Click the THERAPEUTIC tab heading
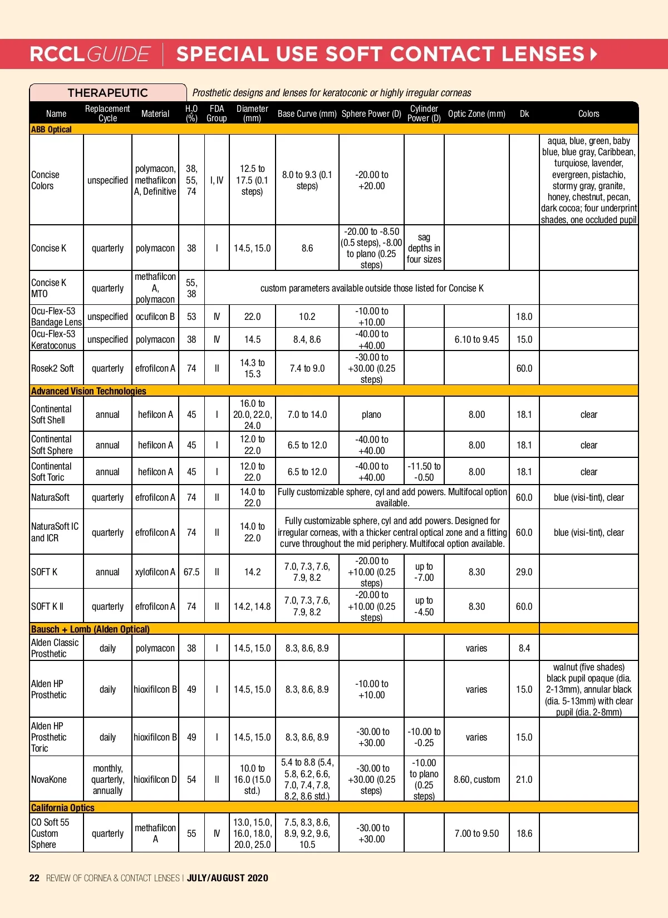pyautogui.click(x=107, y=93)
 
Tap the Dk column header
pyautogui.click(x=524, y=113)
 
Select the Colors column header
pyautogui.click(x=588, y=113)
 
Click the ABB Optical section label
pyautogui.click(x=51, y=130)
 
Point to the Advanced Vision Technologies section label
pyautogui.click(x=89, y=391)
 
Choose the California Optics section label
pyautogui.click(x=62, y=808)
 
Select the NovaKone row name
pyautogui.click(x=49, y=779)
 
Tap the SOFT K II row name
pyautogui.click(x=47, y=606)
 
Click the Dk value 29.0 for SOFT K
pyautogui.click(x=524, y=572)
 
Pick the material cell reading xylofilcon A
pyautogui.click(x=155, y=572)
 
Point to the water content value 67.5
pyautogui.click(x=191, y=572)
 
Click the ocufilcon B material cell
pyautogui.click(x=155, y=317)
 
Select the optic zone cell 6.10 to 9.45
pyautogui.click(x=477, y=339)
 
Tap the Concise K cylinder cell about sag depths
pyautogui.click(x=424, y=248)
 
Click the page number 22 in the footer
pyautogui.click(x=35, y=878)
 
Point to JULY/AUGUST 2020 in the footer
pyautogui.click(x=228, y=878)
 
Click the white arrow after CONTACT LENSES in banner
pyautogui.click(x=593, y=54)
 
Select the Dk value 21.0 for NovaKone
pyautogui.click(x=524, y=779)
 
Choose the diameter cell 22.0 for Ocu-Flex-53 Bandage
pyautogui.click(x=252, y=317)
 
